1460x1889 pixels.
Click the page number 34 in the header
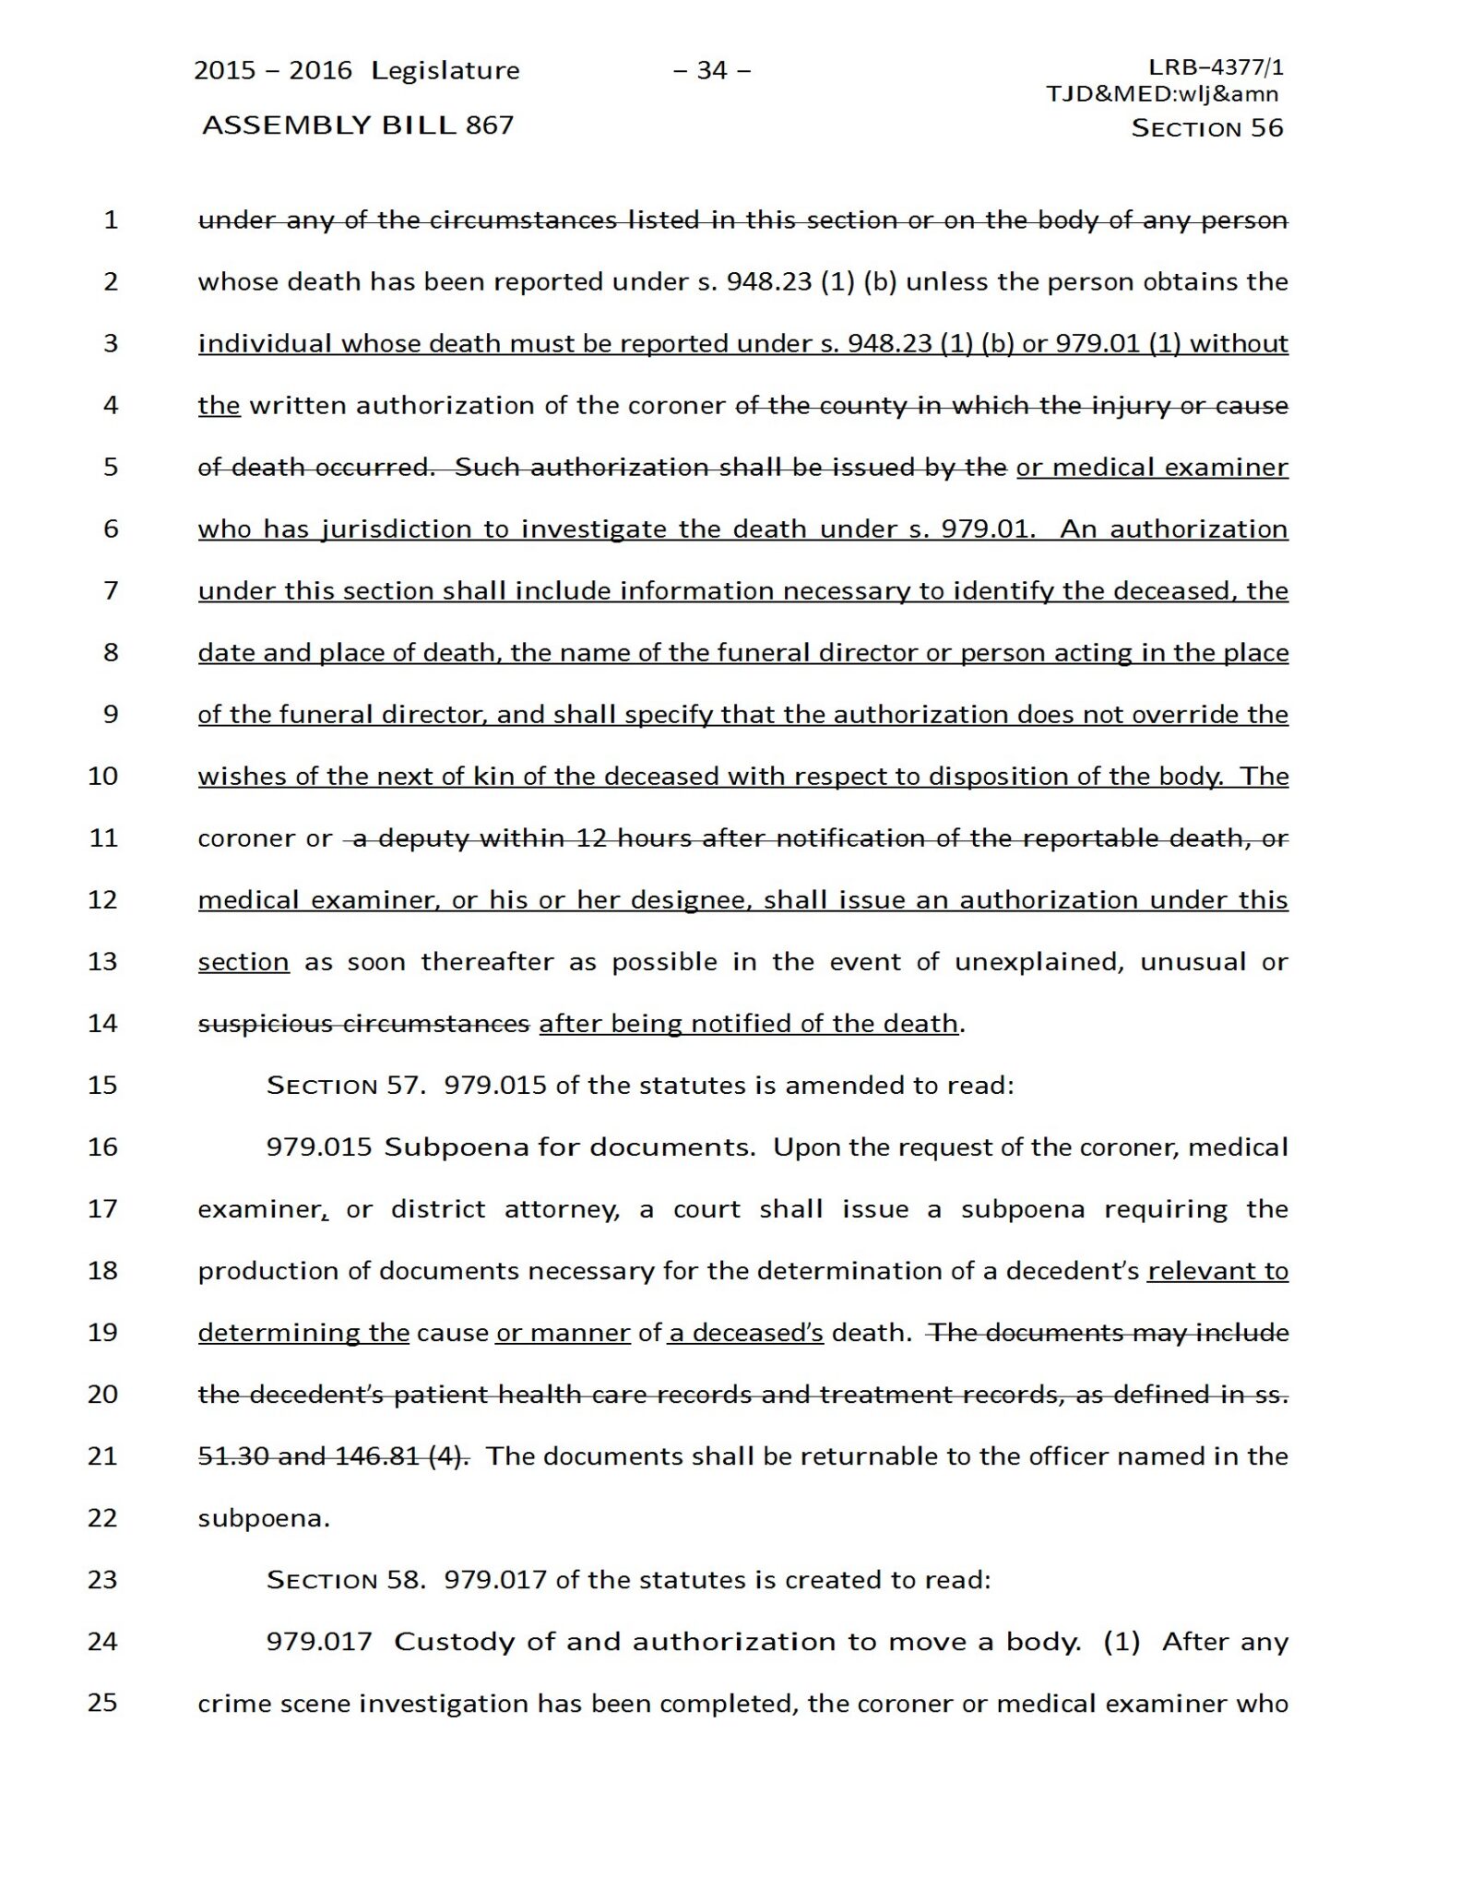click(712, 70)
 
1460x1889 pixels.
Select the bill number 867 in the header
click(490, 125)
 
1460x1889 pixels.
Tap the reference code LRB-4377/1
click(1216, 67)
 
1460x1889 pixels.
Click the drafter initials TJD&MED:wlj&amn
click(1162, 93)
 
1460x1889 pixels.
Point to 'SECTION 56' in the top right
click(1206, 128)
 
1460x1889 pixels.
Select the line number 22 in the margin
click(102, 1517)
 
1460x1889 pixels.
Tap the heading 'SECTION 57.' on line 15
click(346, 1086)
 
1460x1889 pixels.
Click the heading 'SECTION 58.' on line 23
click(346, 1580)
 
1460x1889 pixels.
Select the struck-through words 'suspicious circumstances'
click(363, 1024)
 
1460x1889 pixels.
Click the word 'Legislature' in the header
click(445, 71)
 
